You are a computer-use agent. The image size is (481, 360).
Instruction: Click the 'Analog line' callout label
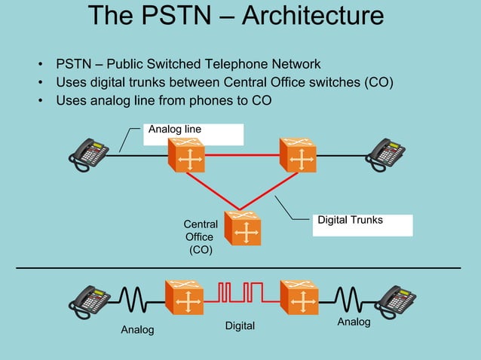pos(175,130)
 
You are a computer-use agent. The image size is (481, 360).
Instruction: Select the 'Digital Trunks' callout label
pos(350,220)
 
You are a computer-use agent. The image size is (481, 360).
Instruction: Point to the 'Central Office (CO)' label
pos(201,236)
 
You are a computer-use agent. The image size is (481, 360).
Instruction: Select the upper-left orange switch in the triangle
pos(186,156)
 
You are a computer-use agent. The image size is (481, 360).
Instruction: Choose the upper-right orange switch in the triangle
pos(298,156)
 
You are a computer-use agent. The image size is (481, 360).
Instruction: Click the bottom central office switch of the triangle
pos(243,228)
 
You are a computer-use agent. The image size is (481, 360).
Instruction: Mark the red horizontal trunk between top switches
pos(242,155)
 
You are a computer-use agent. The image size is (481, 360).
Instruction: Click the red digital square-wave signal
pos(240,292)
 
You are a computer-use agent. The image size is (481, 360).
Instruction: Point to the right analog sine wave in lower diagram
pos(349,297)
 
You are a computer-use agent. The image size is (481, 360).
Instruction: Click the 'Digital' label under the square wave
pos(240,326)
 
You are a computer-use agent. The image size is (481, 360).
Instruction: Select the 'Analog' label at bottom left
pos(137,330)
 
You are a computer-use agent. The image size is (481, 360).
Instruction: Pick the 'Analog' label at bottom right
pos(354,322)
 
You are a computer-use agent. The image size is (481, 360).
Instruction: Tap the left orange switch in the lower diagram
pos(184,298)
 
